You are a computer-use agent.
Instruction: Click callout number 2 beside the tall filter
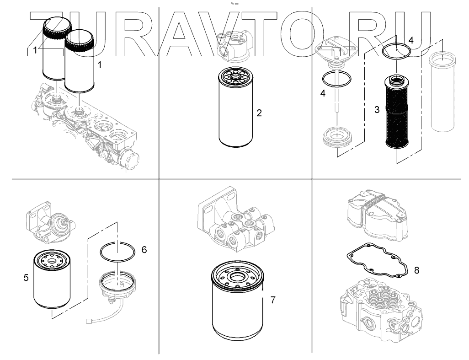pos(259,113)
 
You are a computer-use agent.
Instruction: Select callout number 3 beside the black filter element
pos(377,110)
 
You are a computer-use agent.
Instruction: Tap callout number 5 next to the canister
pos(26,278)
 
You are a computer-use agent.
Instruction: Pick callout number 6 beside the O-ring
pos(144,250)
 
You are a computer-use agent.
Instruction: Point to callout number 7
pos(273,300)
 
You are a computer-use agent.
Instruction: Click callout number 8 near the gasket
pos(416,270)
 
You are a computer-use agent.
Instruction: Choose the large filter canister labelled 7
pos(237,301)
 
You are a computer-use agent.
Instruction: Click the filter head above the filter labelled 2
pos(235,44)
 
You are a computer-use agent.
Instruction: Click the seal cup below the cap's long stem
pos(337,137)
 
